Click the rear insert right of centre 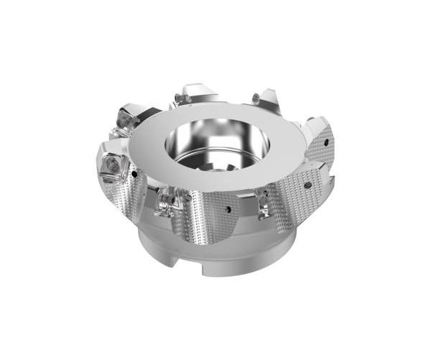[x=266, y=99]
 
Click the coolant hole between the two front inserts [x=228, y=211]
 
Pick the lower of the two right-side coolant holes [x=307, y=185]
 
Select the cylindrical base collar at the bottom [x=215, y=255]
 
